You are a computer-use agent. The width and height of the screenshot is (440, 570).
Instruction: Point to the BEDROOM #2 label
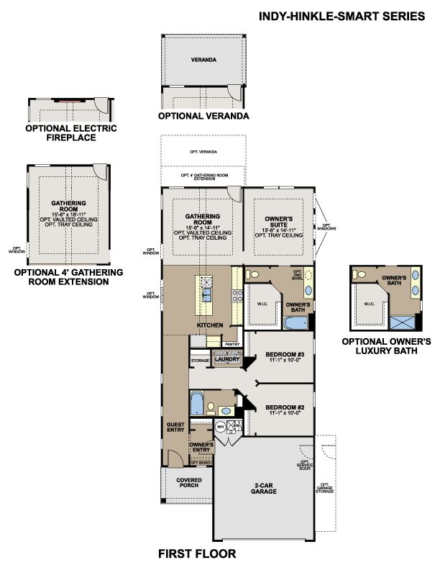click(x=280, y=410)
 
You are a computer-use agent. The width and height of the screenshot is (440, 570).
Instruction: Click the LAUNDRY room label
click(x=225, y=358)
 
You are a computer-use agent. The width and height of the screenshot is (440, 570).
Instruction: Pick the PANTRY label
click(x=232, y=344)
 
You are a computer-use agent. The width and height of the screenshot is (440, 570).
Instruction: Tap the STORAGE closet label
click(x=199, y=359)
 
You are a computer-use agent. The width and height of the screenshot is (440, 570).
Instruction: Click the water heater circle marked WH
click(x=221, y=426)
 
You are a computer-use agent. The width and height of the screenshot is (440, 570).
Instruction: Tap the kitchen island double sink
click(x=206, y=291)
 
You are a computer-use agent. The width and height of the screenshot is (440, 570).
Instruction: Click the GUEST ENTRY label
click(x=175, y=427)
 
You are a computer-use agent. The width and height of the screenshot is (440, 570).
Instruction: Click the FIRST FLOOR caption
click(x=196, y=554)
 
